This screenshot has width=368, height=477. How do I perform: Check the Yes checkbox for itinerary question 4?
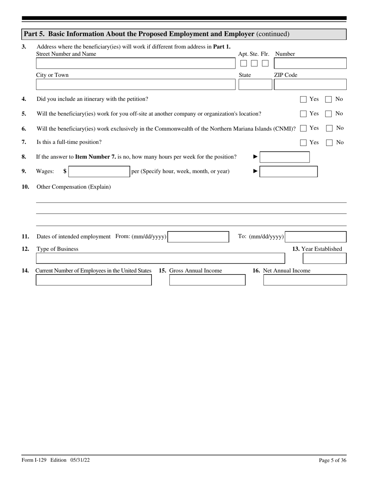[x=303, y=99]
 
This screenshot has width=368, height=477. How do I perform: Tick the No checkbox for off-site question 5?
[x=328, y=114]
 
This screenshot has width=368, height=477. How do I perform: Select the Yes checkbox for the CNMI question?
[x=303, y=128]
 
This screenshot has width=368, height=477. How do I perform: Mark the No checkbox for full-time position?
[x=329, y=143]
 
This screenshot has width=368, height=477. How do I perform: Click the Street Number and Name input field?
[x=135, y=64]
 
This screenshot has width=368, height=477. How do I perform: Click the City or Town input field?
[x=135, y=85]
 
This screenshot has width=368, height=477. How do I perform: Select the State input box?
[x=255, y=85]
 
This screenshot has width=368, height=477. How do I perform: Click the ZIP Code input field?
[x=310, y=85]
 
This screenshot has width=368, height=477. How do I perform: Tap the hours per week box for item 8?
[x=284, y=157]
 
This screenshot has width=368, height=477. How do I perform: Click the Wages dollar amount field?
[x=99, y=171]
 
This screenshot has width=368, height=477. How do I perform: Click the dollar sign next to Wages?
[x=65, y=171]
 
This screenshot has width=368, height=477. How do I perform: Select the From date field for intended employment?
[x=198, y=237]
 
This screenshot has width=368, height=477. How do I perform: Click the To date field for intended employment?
[x=316, y=237]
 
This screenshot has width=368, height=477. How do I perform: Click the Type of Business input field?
[x=160, y=258]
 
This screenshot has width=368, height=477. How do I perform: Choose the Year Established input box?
[x=325, y=258]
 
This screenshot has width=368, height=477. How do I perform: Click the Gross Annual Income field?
[x=207, y=280]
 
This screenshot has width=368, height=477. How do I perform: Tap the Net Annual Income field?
[x=305, y=280]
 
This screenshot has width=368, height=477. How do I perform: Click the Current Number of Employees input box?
[x=94, y=280]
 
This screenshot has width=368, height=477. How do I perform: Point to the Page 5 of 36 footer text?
[x=332, y=460]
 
